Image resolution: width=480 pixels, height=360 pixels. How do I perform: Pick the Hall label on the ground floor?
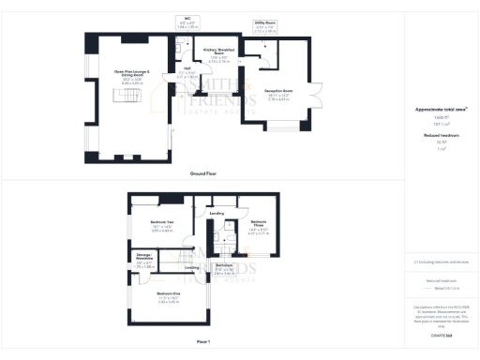187,68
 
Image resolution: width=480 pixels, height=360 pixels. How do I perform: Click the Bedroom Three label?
258,222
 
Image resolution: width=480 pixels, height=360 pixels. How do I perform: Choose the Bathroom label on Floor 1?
224,265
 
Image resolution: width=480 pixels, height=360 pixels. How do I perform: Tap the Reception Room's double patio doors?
320,93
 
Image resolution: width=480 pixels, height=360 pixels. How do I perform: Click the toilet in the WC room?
186,34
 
